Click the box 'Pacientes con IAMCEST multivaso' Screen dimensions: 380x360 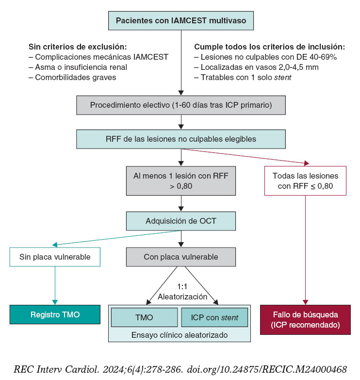[x=180, y=21]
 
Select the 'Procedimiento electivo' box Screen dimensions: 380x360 [x=180, y=105]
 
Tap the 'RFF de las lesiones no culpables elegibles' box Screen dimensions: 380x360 [x=180, y=139]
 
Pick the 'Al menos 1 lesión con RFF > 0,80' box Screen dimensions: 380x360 [x=180, y=180]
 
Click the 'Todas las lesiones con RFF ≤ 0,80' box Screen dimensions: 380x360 [x=305, y=180]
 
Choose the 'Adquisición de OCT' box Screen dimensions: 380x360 [x=180, y=221]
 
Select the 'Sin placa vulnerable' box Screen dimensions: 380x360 [x=55, y=257]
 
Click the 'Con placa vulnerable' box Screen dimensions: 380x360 [x=180, y=257]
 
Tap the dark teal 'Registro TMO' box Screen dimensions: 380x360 [x=55, y=314]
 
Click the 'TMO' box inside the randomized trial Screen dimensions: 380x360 [x=144, y=317]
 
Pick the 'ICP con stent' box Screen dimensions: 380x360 [x=214, y=317]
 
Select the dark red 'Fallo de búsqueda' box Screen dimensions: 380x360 [x=305, y=319]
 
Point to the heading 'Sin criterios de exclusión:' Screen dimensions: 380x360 [x=78, y=47]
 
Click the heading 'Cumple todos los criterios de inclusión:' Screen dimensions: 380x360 [x=269, y=47]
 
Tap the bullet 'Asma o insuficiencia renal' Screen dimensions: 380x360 [x=78, y=67]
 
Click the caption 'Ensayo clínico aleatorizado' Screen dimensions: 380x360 [x=180, y=335]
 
